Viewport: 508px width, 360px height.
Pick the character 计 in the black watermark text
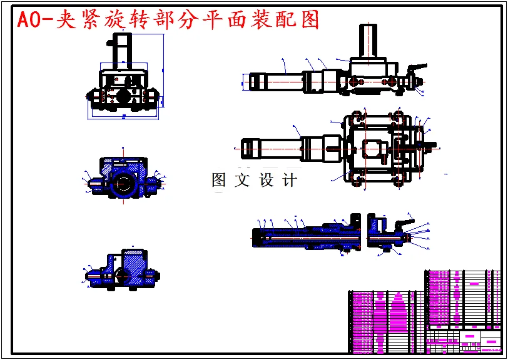(x=290, y=181)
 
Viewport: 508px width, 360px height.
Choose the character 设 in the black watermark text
(x=266, y=181)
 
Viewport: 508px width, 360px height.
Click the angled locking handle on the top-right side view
(x=415, y=67)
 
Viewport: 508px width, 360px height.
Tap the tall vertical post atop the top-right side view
(x=368, y=41)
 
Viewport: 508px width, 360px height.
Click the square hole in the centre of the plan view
(x=372, y=149)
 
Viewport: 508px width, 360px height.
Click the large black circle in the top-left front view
(x=123, y=95)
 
